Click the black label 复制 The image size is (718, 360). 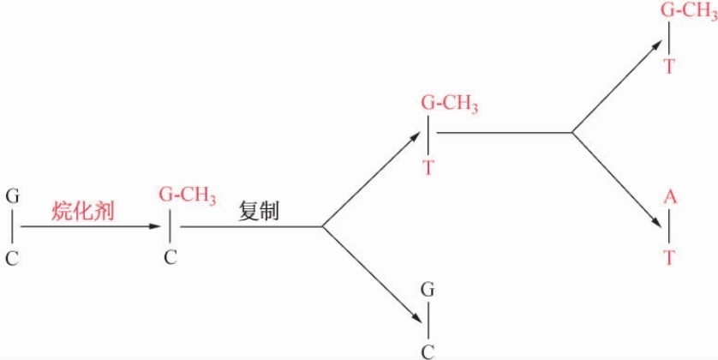point(260,211)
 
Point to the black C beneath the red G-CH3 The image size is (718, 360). point(171,257)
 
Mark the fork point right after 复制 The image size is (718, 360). point(321,227)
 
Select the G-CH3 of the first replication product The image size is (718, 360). point(450,105)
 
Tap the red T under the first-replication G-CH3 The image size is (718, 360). point(428,167)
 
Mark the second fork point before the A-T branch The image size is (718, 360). point(572,133)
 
